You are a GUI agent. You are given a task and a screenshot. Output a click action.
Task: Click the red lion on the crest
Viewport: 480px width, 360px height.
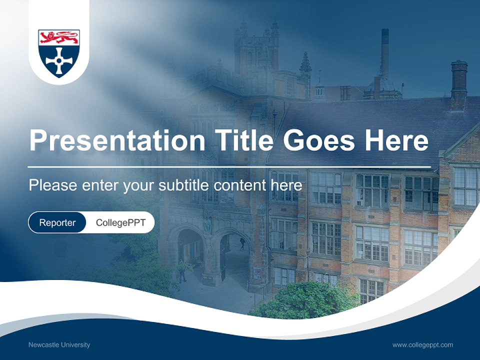click(x=59, y=37)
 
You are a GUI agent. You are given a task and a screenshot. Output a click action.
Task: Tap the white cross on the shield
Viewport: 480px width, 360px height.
click(x=59, y=61)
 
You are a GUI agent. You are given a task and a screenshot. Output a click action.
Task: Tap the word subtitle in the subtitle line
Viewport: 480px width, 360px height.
click(x=184, y=185)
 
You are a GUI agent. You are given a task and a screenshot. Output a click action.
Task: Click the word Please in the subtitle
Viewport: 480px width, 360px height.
click(x=51, y=185)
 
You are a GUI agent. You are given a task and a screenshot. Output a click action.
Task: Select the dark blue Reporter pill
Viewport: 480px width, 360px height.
click(x=57, y=222)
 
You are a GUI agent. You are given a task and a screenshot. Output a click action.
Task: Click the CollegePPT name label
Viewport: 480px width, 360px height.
click(x=120, y=222)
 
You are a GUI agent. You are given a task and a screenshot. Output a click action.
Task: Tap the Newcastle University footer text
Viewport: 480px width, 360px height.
click(x=59, y=344)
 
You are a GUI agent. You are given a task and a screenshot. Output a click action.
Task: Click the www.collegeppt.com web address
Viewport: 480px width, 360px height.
click(x=422, y=344)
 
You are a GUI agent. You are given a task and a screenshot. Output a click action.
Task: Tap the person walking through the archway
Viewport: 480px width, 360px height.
click(x=242, y=243)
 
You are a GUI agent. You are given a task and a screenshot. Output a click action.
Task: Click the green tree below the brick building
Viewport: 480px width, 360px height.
click(x=305, y=300)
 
